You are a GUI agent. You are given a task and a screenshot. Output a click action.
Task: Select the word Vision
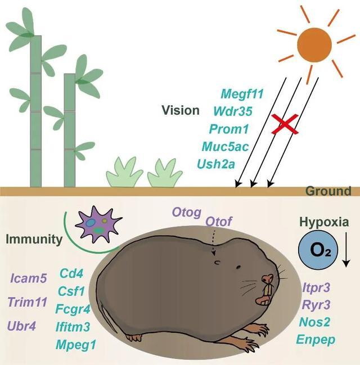coord(180,110)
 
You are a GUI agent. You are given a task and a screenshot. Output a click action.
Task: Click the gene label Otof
coord(219,221)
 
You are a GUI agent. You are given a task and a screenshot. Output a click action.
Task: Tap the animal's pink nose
coord(269,279)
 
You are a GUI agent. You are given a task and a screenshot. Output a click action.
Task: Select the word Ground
coord(328,191)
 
